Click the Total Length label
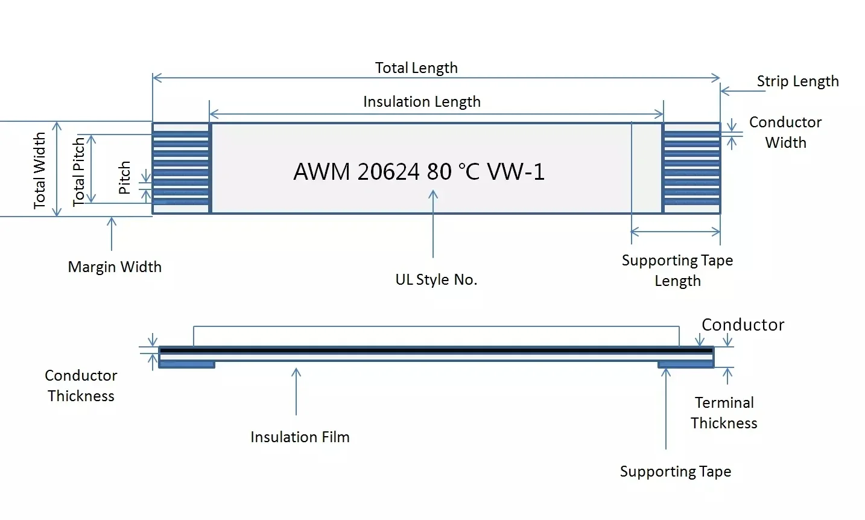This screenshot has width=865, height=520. pyautogui.click(x=416, y=68)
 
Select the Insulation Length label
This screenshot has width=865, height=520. pyautogui.click(x=422, y=101)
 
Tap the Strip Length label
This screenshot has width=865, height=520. pyautogui.click(x=797, y=81)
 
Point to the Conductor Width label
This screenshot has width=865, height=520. pyautogui.click(x=785, y=132)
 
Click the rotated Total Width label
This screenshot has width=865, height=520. pyautogui.click(x=40, y=170)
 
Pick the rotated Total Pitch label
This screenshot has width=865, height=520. pyautogui.click(x=79, y=171)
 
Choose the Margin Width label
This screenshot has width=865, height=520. pyautogui.click(x=115, y=267)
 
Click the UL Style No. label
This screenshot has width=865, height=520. pyautogui.click(x=436, y=279)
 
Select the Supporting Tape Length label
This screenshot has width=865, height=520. pyautogui.click(x=677, y=270)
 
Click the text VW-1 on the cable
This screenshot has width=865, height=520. pyautogui.click(x=516, y=172)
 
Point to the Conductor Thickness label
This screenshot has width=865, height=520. pyautogui.click(x=81, y=385)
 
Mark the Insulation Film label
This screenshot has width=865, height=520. pyautogui.click(x=300, y=437)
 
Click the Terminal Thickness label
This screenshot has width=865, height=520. pyautogui.click(x=724, y=413)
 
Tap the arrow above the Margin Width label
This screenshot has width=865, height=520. pyautogui.click(x=112, y=233)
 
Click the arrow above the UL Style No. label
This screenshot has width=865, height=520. pyautogui.click(x=433, y=223)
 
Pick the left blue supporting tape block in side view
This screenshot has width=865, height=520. pyautogui.click(x=187, y=364)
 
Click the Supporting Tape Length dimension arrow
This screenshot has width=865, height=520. pyautogui.click(x=676, y=232)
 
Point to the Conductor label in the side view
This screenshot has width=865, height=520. pyautogui.click(x=743, y=325)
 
